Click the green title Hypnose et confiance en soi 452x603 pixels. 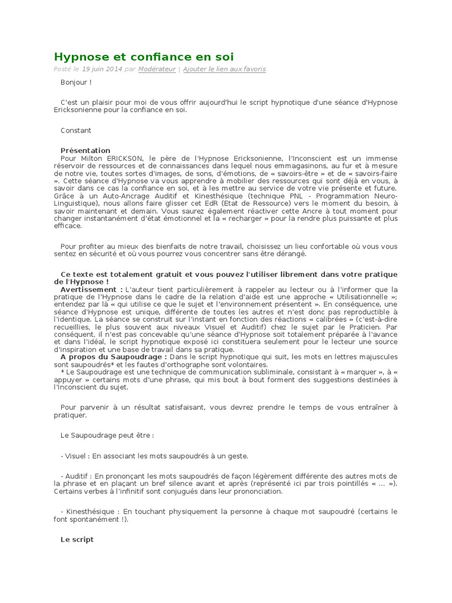[x=144, y=57]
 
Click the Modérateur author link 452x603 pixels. [x=157, y=69]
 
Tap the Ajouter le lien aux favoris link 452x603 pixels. [x=224, y=69]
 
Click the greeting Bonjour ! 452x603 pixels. [x=76, y=82]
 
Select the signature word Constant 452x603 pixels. [x=76, y=130]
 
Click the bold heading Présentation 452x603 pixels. [x=85, y=150]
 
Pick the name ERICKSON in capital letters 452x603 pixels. [x=124, y=158]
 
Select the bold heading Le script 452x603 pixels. [x=77, y=539]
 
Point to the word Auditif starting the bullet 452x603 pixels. [x=78, y=476]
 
